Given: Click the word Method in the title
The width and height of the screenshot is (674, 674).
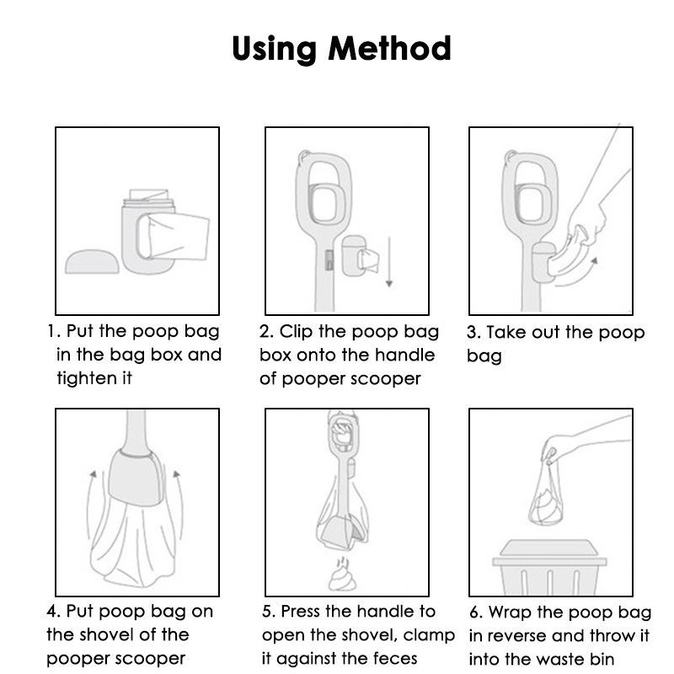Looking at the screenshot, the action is (389, 48).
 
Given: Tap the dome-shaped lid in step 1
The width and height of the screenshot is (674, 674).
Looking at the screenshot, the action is (92, 261).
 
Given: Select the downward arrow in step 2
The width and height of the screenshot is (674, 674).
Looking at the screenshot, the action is (389, 261).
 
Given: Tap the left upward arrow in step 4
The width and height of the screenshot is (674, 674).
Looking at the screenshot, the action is (90, 505).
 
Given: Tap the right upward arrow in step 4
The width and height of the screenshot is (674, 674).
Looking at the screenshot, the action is (179, 505).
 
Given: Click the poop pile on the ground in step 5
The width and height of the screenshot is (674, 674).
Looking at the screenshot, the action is (342, 575).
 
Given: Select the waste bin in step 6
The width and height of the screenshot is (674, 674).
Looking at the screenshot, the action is (550, 567).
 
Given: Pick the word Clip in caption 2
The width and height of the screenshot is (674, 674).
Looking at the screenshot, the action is (297, 331).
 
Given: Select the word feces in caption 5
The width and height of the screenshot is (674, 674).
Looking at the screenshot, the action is (395, 659).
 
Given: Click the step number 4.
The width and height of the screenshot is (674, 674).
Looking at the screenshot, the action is (52, 612).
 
